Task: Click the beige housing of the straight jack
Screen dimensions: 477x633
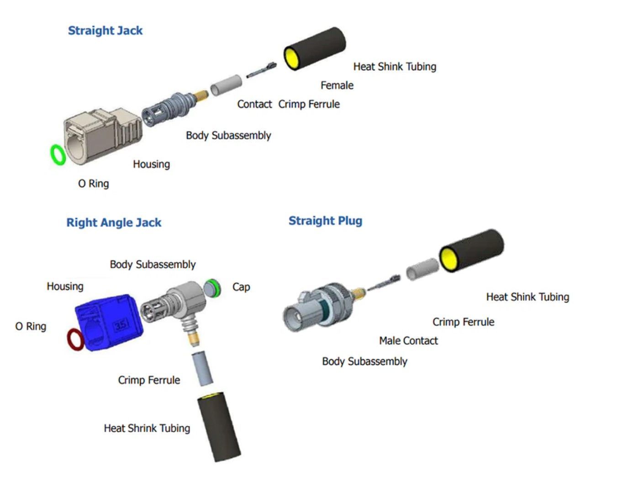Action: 100,135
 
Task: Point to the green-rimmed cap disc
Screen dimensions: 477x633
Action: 212,288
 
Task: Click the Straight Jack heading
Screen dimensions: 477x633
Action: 105,31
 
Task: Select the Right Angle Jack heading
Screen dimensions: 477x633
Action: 114,223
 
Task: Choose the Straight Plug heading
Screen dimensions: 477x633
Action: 325,221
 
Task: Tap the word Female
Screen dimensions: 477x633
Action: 337,85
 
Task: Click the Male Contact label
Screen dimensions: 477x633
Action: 408,341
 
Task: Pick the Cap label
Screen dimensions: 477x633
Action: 241,287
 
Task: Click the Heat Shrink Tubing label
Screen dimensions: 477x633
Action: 147,428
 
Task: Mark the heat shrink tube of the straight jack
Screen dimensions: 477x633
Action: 315,48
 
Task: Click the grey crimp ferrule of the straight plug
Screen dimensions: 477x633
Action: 422,269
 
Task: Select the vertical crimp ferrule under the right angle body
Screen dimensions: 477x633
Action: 202,368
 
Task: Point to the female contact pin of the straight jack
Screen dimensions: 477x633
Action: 262,70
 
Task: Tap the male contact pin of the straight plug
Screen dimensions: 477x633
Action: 384,283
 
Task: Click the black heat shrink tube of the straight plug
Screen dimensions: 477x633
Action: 471,251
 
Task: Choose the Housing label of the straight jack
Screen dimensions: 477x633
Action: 151,164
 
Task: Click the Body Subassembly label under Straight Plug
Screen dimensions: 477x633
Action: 364,361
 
